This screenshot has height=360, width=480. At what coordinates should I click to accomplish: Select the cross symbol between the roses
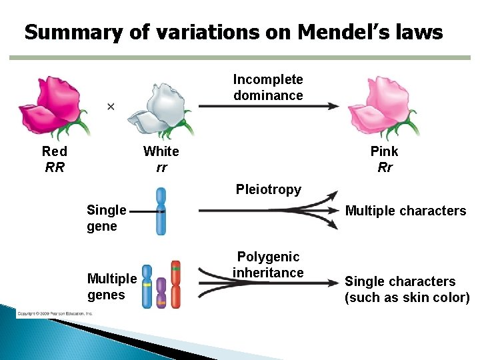click(111, 106)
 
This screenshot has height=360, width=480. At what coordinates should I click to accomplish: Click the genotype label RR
click(55, 167)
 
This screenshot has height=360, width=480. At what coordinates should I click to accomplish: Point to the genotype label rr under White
click(161, 167)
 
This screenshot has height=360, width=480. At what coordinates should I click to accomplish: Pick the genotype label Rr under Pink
click(385, 167)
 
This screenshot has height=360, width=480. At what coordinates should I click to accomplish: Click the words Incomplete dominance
click(268, 87)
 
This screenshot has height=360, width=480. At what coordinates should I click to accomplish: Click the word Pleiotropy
click(269, 189)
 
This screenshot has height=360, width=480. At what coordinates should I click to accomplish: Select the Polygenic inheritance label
click(269, 265)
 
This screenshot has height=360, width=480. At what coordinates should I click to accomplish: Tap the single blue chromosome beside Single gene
click(161, 211)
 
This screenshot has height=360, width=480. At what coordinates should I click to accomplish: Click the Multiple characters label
click(405, 211)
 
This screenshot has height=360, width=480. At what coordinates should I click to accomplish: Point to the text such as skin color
click(407, 297)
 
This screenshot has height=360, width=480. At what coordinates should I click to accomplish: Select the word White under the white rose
click(161, 151)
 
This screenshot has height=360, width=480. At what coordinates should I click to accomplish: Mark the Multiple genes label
click(111, 286)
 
